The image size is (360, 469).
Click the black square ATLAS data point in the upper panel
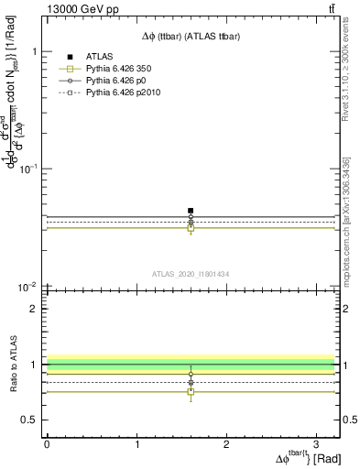tap(191, 211)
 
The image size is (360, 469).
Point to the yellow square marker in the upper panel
tap(191, 228)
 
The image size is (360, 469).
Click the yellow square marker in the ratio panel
tap(191, 392)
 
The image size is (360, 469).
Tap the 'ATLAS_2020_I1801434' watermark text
tap(189, 273)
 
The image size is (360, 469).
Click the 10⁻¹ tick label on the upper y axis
tap(27, 169)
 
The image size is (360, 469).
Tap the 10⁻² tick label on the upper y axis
tap(27, 287)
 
